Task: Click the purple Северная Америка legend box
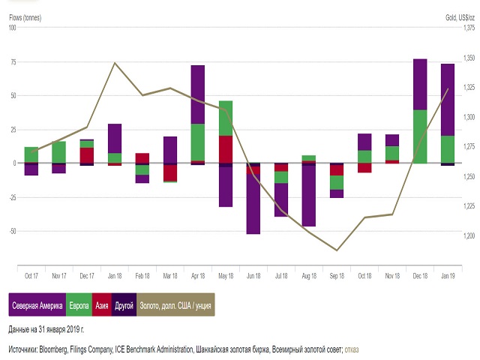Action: coord(37,306)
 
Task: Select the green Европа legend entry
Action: coord(79,306)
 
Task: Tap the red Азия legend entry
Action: coord(103,306)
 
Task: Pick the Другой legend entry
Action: coord(125,306)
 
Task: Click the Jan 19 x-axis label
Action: coord(448,275)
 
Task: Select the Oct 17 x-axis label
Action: coord(32,275)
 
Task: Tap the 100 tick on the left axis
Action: coord(12,28)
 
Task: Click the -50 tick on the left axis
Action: coord(12,231)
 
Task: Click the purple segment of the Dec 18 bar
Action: coord(420,84)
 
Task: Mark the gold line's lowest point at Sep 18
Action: coord(337,250)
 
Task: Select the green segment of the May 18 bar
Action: coord(226,118)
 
